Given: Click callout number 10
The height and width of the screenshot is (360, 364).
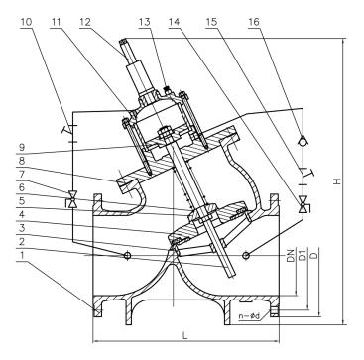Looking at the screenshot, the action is [27, 22].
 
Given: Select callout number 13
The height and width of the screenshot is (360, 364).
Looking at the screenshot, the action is [144, 22].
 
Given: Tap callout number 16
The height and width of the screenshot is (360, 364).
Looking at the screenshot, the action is [254, 22].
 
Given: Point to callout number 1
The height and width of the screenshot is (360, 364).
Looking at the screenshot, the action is [22, 255].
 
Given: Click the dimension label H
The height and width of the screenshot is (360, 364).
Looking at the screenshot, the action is [337, 181].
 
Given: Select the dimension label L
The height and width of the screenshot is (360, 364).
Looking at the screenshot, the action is [185, 335].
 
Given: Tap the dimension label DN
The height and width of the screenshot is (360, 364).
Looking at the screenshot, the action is [291, 256].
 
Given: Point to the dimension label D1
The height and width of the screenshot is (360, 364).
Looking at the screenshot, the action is [303, 254].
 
